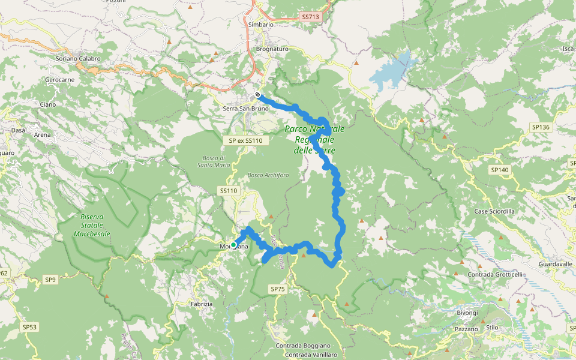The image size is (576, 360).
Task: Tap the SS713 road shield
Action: pos(309,17)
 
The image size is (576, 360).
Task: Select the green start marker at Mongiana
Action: pos(233,245)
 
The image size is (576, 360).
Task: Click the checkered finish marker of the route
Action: pos(257,95)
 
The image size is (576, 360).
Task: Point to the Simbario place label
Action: pos(260,25)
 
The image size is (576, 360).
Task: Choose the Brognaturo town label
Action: pos(272,49)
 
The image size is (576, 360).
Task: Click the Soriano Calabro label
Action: pos(78,59)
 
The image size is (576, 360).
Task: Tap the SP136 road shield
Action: pos(540,127)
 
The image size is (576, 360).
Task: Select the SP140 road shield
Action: pos(499,170)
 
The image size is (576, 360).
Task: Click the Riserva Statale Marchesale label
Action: pos(91,225)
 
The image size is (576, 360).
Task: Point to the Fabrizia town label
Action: pos(202,304)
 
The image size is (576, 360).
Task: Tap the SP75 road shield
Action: pos(278,289)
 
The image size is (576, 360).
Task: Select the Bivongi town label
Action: pos(467,313)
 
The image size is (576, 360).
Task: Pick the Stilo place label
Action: pos(492,328)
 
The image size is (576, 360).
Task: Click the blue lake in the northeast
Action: pos(390,72)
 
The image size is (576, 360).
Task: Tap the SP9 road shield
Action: pos(50,280)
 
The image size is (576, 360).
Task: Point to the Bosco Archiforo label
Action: pos(268,175)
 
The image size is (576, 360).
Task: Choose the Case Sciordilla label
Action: pos(494,212)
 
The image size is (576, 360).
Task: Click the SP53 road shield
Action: pos(29,327)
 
